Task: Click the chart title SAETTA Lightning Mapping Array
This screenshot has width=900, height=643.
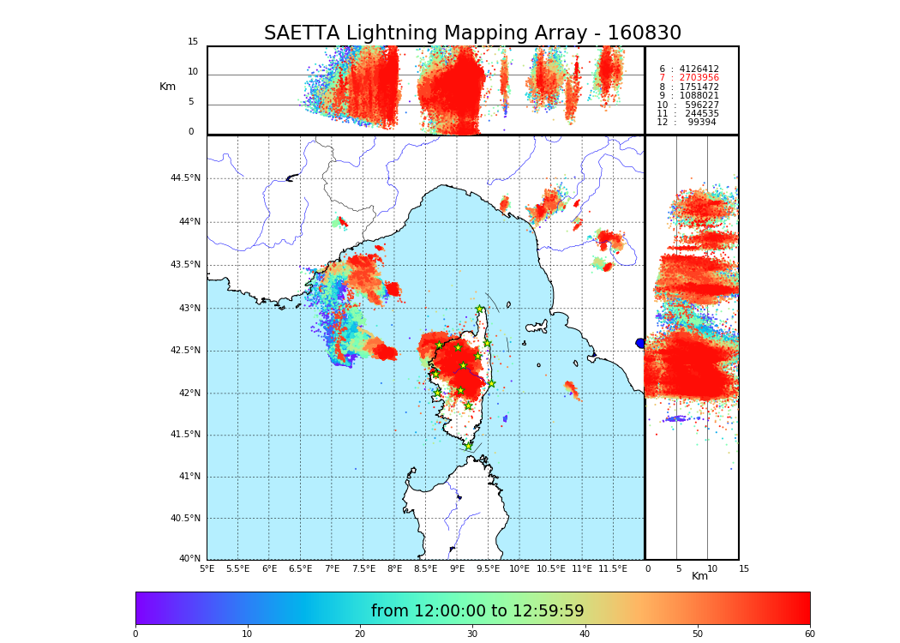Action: click(472, 33)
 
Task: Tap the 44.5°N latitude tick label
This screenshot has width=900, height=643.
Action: click(185, 178)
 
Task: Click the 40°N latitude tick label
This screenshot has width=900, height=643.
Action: click(189, 559)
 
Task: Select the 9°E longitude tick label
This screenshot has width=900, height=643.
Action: click(457, 568)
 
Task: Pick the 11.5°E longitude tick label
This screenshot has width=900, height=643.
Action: click(612, 568)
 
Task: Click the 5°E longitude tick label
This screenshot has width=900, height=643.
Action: click(207, 568)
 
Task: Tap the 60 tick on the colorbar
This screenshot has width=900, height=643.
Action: click(809, 634)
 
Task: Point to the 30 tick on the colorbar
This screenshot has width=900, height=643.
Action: click(472, 634)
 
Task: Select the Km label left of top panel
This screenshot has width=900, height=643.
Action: click(167, 87)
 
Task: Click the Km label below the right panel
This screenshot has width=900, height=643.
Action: click(700, 576)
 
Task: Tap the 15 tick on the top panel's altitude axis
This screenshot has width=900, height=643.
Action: click(193, 42)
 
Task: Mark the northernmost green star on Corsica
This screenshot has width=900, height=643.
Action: click(480, 309)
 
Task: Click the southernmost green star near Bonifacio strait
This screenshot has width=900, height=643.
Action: click(468, 446)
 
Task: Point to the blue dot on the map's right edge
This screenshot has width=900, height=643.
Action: click(640, 343)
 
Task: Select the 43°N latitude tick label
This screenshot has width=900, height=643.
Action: click(189, 309)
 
